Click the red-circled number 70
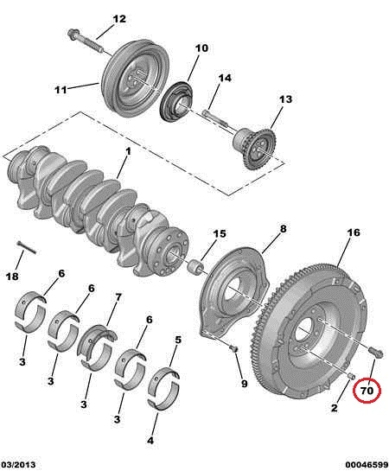click(x=367, y=391)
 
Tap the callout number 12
click(x=119, y=19)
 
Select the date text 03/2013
click(x=18, y=464)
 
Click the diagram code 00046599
click(x=367, y=464)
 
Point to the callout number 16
click(x=354, y=232)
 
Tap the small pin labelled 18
click(x=27, y=247)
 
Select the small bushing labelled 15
click(x=195, y=266)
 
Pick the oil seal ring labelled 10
click(x=176, y=102)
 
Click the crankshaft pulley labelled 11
click(x=134, y=80)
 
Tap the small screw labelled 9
click(x=233, y=348)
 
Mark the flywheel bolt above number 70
click(x=375, y=352)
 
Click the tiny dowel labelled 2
click(x=351, y=376)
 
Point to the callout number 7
click(x=118, y=297)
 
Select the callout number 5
click(x=178, y=340)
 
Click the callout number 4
click(x=150, y=441)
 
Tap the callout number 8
click(x=284, y=229)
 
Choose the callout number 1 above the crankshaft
click(x=128, y=151)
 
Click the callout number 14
click(x=225, y=78)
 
